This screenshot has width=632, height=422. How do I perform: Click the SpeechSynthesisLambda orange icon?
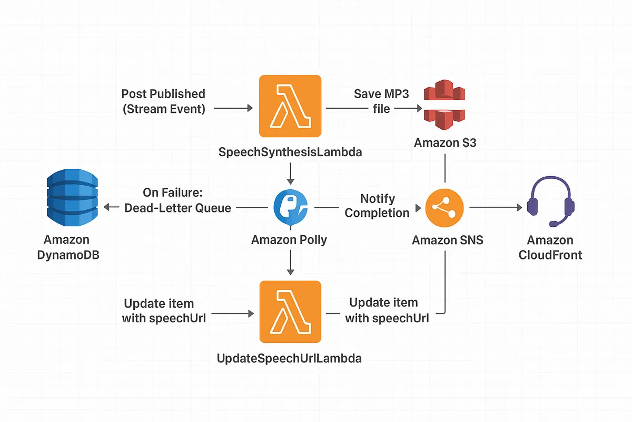[290, 106]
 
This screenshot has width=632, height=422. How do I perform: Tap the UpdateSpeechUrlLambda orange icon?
[290, 312]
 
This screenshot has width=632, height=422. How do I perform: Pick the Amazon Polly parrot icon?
[290, 208]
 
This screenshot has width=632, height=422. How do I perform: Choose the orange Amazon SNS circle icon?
[445, 208]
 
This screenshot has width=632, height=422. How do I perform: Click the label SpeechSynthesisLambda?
[290, 152]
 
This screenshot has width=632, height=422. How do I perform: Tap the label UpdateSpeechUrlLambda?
[290, 359]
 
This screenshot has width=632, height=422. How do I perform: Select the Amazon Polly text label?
[289, 240]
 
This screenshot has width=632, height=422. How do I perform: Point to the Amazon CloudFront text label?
[550, 247]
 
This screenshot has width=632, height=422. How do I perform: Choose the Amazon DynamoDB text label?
[67, 247]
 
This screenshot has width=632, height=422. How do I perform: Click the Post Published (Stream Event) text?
[163, 101]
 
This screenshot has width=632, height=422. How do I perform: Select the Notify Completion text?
[377, 206]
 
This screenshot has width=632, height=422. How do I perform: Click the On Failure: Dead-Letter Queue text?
[177, 200]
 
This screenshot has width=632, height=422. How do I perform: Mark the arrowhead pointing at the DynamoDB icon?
[107, 208]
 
